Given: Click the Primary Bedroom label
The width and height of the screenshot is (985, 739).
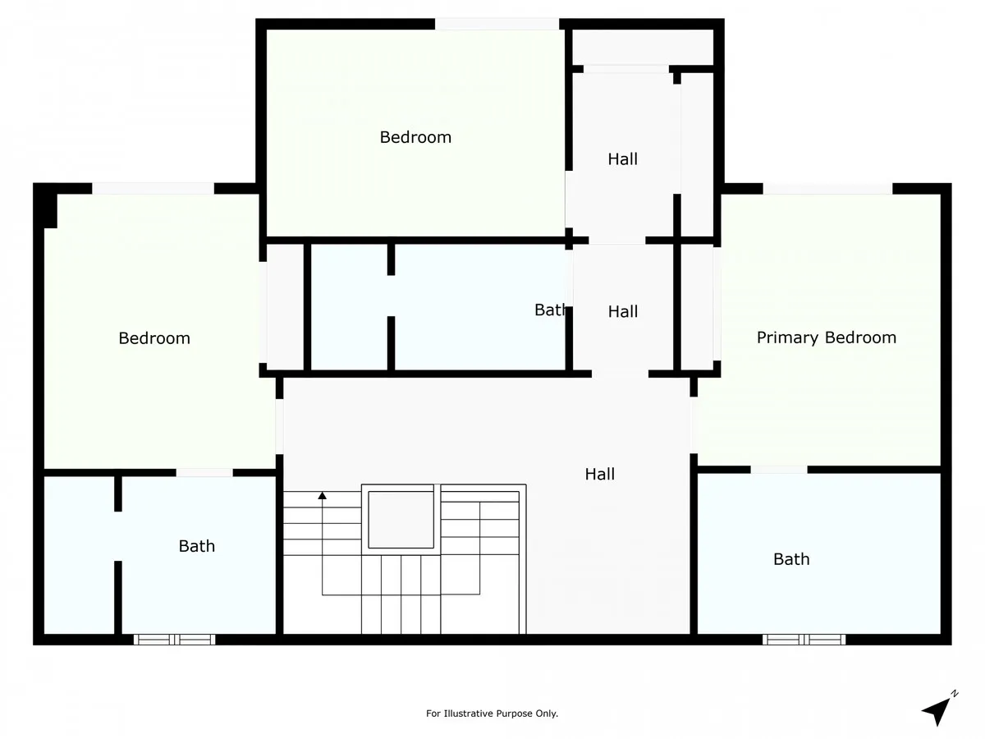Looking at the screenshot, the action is (x=826, y=337).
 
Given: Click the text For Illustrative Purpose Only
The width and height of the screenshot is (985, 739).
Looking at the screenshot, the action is (x=492, y=714).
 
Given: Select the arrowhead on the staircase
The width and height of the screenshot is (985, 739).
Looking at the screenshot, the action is (x=323, y=496).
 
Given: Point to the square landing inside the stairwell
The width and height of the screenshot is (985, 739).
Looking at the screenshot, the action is (x=401, y=520).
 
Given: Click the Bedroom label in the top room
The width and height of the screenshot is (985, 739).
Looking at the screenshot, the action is (x=415, y=137).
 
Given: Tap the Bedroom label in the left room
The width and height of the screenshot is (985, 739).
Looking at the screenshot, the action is (x=154, y=338).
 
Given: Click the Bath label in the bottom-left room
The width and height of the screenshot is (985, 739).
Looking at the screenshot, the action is (x=196, y=546).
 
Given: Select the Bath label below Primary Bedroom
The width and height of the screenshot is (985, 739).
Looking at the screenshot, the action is (x=791, y=559).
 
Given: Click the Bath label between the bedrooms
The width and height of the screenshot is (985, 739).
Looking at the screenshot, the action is (x=550, y=310).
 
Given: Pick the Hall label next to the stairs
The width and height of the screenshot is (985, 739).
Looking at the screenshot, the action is (x=599, y=474).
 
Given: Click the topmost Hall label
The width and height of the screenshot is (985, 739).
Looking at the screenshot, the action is (x=622, y=158).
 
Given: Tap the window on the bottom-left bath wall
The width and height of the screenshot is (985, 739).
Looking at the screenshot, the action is (x=175, y=640).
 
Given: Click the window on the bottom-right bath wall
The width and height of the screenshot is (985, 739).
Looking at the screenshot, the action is (x=804, y=640).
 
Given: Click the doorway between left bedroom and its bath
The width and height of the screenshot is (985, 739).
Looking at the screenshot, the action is (x=204, y=472).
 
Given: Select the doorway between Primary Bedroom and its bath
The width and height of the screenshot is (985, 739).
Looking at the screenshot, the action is (x=779, y=470).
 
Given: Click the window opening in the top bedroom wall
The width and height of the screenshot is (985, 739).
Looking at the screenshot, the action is (x=497, y=25).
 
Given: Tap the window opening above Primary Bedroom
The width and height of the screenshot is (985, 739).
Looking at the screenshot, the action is (x=828, y=189).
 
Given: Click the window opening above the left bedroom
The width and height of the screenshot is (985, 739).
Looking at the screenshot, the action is (x=153, y=189).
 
